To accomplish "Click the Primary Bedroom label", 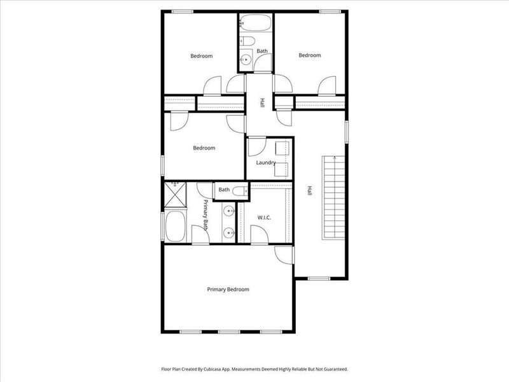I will pyautogui.click(x=228, y=290).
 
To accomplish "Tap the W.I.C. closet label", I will pyautogui.click(x=265, y=218).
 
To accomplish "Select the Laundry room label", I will pyautogui.click(x=266, y=162).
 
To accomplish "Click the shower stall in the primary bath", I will pyautogui.click(x=175, y=194).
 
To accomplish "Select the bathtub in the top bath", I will pyautogui.click(x=255, y=24).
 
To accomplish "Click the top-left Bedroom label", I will pyautogui.click(x=202, y=56).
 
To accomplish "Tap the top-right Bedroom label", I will pyautogui.click(x=310, y=55).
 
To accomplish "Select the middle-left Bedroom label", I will pyautogui.click(x=204, y=148).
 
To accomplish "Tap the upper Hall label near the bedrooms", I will pyautogui.click(x=261, y=103).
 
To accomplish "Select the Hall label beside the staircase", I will pyautogui.click(x=310, y=190).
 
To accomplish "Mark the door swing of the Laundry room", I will pyautogui.click(x=256, y=147).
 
